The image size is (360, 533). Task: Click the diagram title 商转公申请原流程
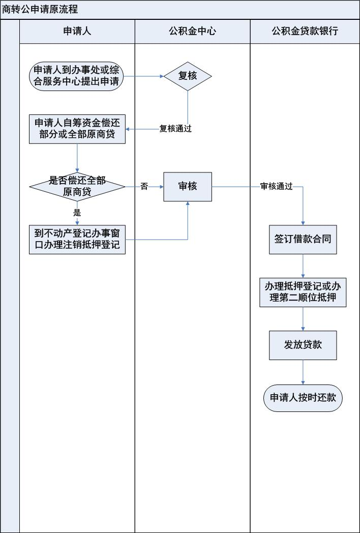(40, 10)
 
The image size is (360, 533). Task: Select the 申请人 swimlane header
(77, 32)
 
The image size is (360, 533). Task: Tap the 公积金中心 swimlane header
(192, 32)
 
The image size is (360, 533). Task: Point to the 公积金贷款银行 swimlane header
(305, 32)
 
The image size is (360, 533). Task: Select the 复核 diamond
(188, 76)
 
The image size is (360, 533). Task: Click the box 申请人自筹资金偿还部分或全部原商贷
(77, 129)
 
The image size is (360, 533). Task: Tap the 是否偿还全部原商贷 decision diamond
(77, 186)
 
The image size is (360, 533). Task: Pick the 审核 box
(188, 187)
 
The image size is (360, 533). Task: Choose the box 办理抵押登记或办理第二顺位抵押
(303, 291)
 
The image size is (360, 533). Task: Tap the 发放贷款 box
(303, 345)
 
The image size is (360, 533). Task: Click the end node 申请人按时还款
(303, 398)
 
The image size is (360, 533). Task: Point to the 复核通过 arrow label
(175, 129)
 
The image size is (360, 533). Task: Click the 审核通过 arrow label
(276, 187)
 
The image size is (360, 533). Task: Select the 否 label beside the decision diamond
(144, 187)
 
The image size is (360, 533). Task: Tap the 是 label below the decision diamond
(77, 213)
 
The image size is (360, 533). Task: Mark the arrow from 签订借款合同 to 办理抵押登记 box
(303, 265)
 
